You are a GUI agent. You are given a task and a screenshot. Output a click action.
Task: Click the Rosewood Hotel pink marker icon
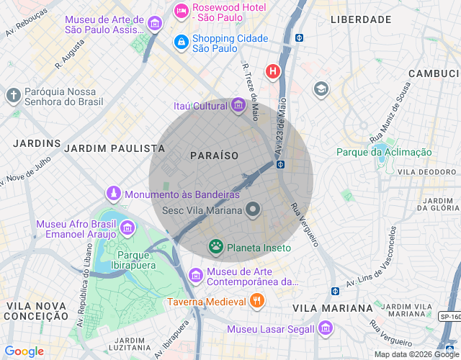[181, 12]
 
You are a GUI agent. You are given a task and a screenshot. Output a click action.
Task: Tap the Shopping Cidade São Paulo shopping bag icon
[181, 43]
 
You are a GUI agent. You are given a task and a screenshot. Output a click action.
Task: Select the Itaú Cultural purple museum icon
[238, 107]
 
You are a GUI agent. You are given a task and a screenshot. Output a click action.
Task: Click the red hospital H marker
[273, 71]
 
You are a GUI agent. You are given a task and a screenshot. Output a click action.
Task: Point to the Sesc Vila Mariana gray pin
[253, 210]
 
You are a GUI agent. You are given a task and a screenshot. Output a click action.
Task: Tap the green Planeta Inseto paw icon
[215, 248]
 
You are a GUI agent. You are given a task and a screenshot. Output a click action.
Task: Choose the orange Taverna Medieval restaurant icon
[256, 302]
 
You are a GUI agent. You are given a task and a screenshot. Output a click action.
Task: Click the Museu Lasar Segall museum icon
[326, 329]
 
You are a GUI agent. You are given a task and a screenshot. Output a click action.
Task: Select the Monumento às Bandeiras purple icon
[113, 194]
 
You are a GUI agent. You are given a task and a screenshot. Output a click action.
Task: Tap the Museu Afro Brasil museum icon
[127, 228]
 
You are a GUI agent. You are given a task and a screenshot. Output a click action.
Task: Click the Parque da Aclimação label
[384, 152]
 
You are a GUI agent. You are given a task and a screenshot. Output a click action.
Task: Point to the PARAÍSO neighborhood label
[214, 156]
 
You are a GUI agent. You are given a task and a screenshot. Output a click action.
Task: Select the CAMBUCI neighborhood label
[433, 73]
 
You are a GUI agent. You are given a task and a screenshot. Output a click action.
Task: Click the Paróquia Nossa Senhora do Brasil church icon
[13, 95]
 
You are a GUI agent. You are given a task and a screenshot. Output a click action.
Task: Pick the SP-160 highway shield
[449, 316]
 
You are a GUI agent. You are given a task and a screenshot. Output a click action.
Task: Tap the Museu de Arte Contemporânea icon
[195, 275]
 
